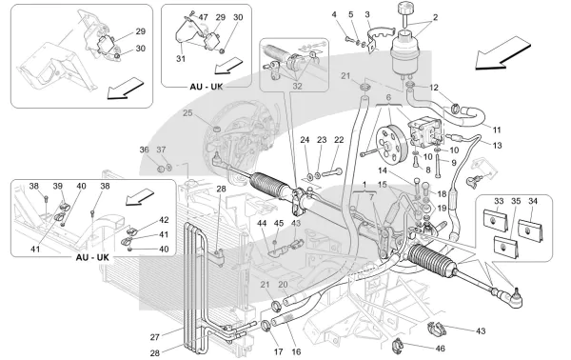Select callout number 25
click(x=187, y=114)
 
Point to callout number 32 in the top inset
click(x=297, y=84)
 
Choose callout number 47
click(x=202, y=17)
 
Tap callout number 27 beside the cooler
click(x=154, y=336)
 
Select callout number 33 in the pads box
click(x=498, y=201)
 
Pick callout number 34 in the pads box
click(x=533, y=201)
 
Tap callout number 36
click(x=143, y=150)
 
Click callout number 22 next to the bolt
click(x=339, y=140)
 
